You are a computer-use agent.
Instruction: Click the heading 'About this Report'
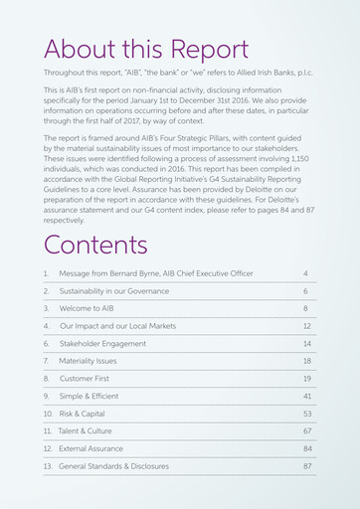pos(145,50)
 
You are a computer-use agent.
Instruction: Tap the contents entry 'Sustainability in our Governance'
pos(114,291)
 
